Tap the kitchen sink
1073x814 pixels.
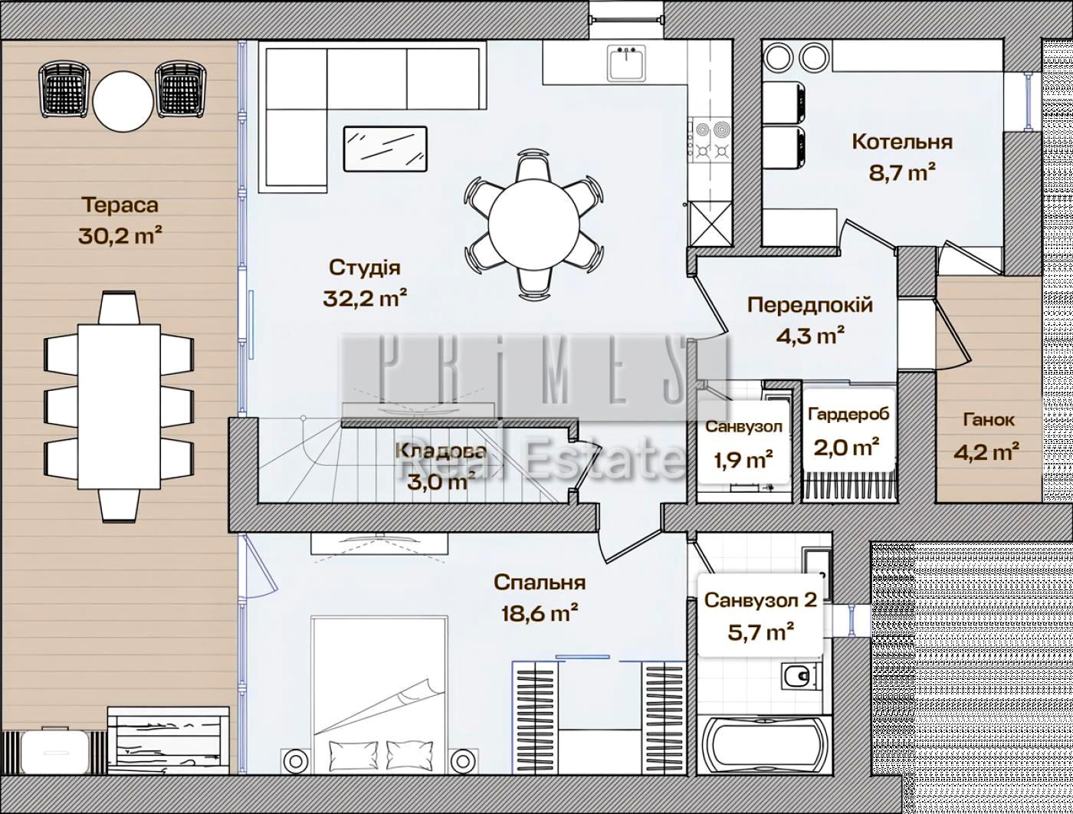click(627, 63)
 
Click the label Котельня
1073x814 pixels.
click(902, 142)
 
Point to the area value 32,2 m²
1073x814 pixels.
click(365, 297)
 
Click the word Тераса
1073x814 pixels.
click(120, 205)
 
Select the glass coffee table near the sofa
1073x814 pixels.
click(386, 149)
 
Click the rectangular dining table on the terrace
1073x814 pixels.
click(119, 407)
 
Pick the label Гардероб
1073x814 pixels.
click(848, 414)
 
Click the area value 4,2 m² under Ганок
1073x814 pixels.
click(986, 451)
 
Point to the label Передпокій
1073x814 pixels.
click(810, 305)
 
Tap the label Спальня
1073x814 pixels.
click(540, 583)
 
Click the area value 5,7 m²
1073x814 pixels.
click(760, 632)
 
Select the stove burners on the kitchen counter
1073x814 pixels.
click(712, 140)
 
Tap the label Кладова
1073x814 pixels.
click(441, 450)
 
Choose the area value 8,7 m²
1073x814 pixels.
click(902, 172)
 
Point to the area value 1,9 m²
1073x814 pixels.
click(743, 459)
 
